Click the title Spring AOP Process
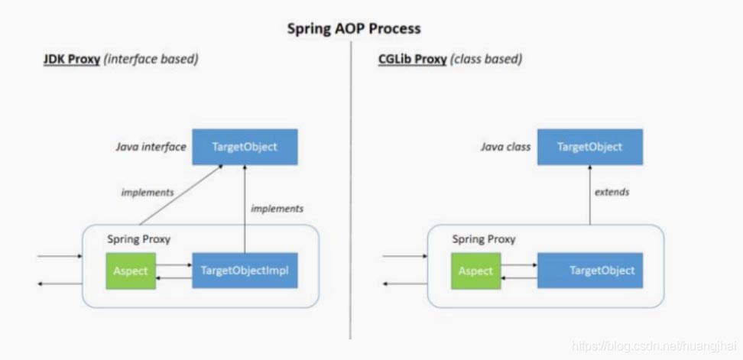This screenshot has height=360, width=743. point(353,29)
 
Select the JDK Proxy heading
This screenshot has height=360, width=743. point(72,59)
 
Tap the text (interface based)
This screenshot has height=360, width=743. point(151,59)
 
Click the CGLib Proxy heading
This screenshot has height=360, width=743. point(413,59)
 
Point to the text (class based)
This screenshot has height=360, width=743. point(486,59)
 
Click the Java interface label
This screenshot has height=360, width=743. point(151,147)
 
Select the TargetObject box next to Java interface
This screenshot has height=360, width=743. point(245,147)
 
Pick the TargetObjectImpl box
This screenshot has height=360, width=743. point(245,271)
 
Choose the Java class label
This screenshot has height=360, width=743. point(506,147)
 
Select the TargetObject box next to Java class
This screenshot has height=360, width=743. point(589,147)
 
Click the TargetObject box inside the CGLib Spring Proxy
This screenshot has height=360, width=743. point(589,271)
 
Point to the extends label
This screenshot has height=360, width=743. point(612,192)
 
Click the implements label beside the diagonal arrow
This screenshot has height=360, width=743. point(148,193)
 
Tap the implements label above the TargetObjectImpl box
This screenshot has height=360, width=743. point(277,208)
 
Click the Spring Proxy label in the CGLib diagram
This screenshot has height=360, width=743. point(484,239)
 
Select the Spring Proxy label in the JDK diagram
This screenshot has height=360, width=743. point(138,239)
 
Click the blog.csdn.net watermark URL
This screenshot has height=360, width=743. point(655,346)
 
